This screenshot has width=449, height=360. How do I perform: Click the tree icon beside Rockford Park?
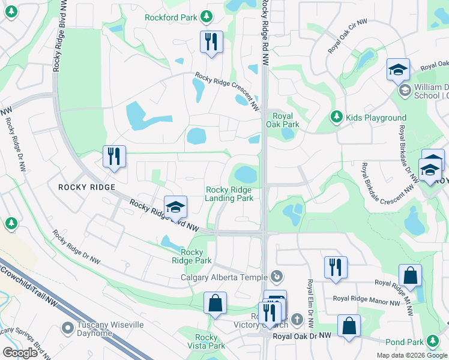coord(206,17)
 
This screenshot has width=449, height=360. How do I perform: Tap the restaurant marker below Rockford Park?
coord(211,42)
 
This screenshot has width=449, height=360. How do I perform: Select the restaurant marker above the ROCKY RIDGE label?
coord(114,157)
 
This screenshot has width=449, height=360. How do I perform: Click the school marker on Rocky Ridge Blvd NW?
coord(175,208)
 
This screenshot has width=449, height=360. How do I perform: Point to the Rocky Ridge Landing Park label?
coord(229,194)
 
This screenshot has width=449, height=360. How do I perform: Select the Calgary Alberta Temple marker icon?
coord(276,277)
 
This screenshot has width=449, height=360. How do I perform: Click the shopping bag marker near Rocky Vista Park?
coord(215,304)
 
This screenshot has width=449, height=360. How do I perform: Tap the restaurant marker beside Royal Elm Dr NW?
coord(336,268)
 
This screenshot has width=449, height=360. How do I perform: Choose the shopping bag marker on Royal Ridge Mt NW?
coord(410,276)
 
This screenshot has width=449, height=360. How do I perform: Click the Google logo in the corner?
coord(20,353)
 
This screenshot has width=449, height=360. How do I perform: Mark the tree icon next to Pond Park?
coord(432,342)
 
